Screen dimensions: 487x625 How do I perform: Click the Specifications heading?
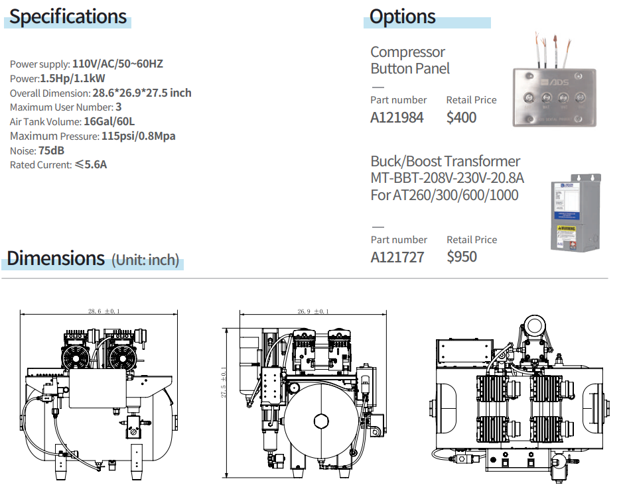click(x=68, y=17)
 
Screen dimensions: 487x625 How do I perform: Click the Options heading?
click(x=402, y=17)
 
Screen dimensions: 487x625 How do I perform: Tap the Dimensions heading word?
click(x=56, y=257)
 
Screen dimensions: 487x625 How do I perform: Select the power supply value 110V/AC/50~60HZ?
click(x=117, y=64)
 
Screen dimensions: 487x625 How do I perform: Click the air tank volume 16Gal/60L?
click(x=109, y=121)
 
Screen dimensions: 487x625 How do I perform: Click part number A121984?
click(x=397, y=118)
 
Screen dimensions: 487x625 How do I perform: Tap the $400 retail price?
click(x=461, y=118)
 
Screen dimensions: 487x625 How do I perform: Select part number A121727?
click(x=397, y=257)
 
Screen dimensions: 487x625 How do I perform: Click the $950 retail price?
click(x=461, y=257)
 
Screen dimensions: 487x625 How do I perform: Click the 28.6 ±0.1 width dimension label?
click(x=100, y=311)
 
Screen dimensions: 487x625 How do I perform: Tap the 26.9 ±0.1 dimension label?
click(x=312, y=311)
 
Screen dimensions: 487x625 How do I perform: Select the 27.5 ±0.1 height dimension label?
click(x=224, y=382)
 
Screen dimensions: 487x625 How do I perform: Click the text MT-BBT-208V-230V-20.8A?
click(x=447, y=178)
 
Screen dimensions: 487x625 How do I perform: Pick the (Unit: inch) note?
click(x=145, y=260)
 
